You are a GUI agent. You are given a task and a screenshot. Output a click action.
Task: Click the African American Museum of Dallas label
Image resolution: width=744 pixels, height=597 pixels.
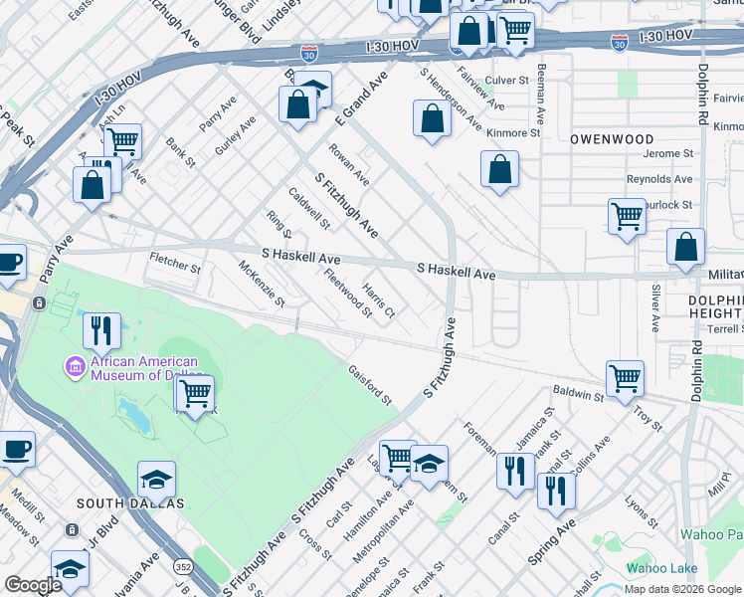coord(144,368)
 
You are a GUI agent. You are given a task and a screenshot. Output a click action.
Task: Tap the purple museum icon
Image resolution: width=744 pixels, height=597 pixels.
coord(75,368)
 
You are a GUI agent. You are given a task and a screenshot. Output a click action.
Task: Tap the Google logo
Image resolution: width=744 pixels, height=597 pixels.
coord(33,585)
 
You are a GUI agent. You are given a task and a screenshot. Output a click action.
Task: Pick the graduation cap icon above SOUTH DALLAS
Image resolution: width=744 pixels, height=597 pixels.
coord(156,480)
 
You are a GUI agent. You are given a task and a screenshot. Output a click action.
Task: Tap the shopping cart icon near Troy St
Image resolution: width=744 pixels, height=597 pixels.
coord(625,377)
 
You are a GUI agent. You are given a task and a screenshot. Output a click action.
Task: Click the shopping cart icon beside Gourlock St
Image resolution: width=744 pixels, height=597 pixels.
coord(626,215)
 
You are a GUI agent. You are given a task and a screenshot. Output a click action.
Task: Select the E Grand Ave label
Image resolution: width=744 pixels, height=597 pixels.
coord(360,98)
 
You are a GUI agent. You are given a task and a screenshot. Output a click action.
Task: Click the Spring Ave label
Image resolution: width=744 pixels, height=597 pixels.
coord(552,542)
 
